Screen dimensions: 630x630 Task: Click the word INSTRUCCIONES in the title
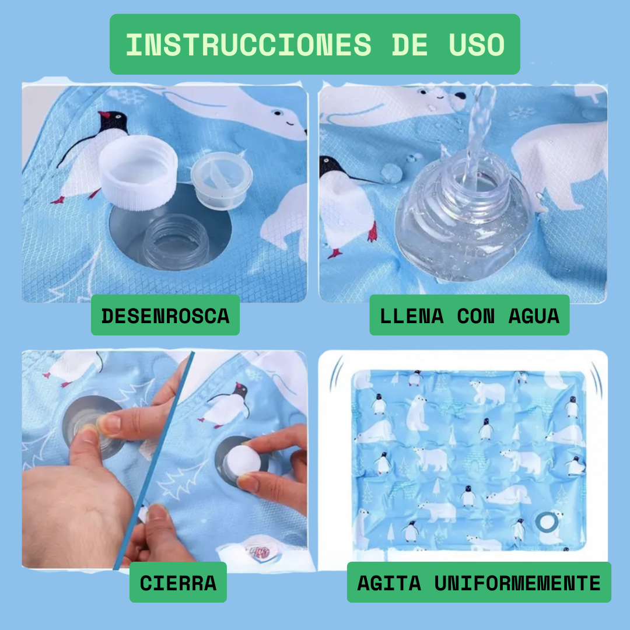[249, 44]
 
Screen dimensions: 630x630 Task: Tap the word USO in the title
[477, 44]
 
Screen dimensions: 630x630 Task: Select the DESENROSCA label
[165, 316]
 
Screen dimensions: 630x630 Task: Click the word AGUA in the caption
[534, 316]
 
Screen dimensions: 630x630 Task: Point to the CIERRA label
[178, 583]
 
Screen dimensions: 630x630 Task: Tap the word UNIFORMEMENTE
[517, 583]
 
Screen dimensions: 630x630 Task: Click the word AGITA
[389, 583]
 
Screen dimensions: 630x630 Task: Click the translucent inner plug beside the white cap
[222, 180]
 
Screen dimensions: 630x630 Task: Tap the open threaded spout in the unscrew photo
[176, 242]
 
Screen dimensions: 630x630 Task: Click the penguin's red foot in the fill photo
[373, 233]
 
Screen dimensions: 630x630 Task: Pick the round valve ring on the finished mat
[547, 522]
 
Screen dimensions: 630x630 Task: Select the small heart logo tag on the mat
[260, 554]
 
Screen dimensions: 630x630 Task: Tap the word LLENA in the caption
[412, 316]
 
